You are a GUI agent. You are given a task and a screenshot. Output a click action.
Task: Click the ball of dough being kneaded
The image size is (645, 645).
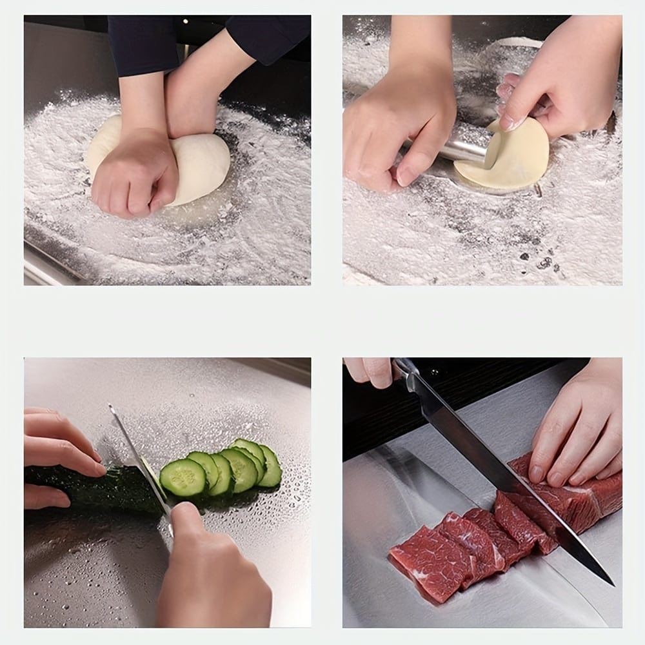[200, 164]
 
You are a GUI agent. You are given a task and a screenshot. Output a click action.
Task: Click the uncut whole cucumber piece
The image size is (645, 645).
[97, 487]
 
